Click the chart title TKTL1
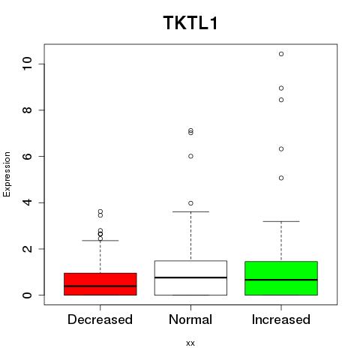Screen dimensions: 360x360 pyautogui.click(x=190, y=23)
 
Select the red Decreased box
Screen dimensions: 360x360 pyautogui.click(x=100, y=284)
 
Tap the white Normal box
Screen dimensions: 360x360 pyautogui.click(x=190, y=278)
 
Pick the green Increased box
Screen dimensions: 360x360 pyautogui.click(x=281, y=278)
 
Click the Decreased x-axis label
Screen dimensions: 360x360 pyautogui.click(x=100, y=319)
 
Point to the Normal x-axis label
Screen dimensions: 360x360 pyautogui.click(x=190, y=319)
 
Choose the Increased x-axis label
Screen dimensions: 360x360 pyautogui.click(x=281, y=319)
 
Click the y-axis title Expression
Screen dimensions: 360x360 pyautogui.click(x=7, y=174)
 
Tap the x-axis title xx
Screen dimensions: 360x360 pyautogui.click(x=190, y=343)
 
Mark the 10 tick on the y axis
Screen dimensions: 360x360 pyautogui.click(x=27, y=64)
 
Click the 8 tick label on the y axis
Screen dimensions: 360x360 pyautogui.click(x=27, y=110)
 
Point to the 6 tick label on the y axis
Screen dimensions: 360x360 pyautogui.click(x=27, y=156)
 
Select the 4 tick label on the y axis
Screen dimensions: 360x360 pyautogui.click(x=27, y=202)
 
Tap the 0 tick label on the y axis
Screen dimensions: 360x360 pyautogui.click(x=27, y=295)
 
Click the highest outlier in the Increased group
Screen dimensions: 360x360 pyautogui.click(x=281, y=54)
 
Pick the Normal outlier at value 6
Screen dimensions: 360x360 pyautogui.click(x=190, y=156)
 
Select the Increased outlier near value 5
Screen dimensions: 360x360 pyautogui.click(x=281, y=178)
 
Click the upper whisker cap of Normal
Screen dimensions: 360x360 pyautogui.click(x=190, y=211)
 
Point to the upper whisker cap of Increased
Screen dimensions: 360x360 pyautogui.click(x=281, y=221)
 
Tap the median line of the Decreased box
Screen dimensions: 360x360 pyautogui.click(x=100, y=286)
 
